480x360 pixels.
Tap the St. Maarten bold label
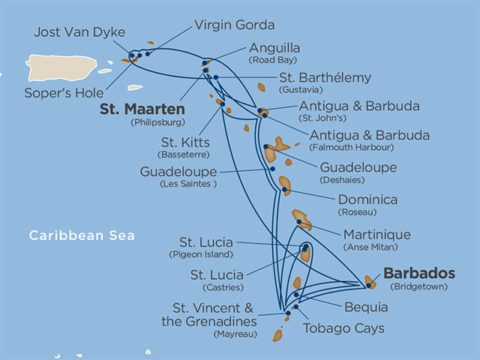pyautogui.click(x=142, y=108)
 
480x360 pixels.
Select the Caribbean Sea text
pyautogui.click(x=82, y=235)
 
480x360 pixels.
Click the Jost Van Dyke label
pyautogui.click(x=79, y=32)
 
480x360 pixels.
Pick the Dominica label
pyautogui.click(x=367, y=200)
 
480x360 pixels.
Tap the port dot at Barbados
pyautogui.click(x=368, y=283)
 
